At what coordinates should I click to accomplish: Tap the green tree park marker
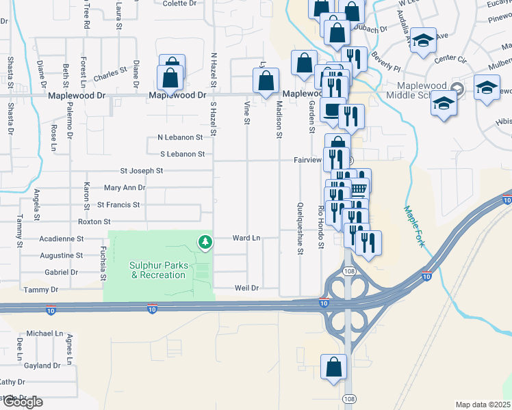tap(205, 241)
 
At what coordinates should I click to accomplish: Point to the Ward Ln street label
tap(247, 238)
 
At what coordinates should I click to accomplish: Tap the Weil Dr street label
tap(246, 288)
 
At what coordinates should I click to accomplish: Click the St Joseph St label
tap(142, 171)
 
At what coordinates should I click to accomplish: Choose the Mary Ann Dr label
tap(125, 187)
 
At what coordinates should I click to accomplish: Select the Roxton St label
tap(94, 221)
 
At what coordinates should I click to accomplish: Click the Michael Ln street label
tap(45, 333)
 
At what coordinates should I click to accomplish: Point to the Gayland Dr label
tap(42, 366)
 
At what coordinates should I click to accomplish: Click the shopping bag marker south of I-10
tap(333, 367)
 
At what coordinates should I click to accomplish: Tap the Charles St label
tap(111, 70)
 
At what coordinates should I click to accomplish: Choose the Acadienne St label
tap(61, 239)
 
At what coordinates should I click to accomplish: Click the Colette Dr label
tap(179, 3)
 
